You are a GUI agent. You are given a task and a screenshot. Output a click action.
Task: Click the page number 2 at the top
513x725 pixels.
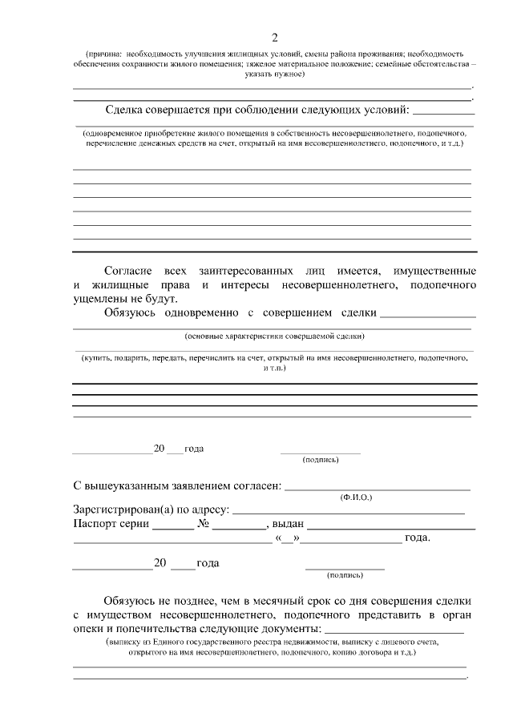pos(274,38)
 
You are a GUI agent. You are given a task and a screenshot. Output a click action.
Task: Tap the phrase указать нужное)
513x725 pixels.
pos(274,74)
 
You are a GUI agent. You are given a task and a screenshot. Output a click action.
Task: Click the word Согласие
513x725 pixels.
pos(128,272)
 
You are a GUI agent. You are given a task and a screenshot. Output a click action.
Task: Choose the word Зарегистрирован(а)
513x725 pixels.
pos(123,509)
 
